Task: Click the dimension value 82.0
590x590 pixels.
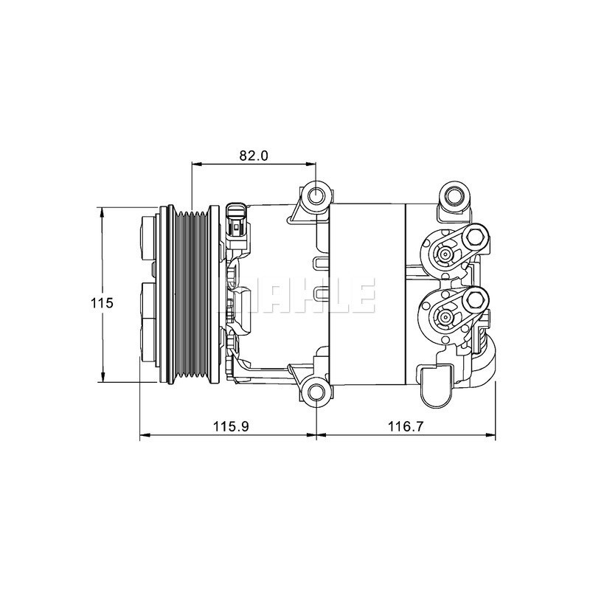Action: click(x=253, y=156)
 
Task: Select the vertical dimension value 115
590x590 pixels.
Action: click(x=102, y=303)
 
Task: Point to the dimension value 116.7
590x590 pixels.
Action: click(x=406, y=426)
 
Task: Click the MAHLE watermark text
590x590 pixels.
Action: click(x=309, y=296)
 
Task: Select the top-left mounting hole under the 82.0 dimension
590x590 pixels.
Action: click(x=316, y=195)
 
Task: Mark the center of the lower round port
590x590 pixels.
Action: click(x=445, y=317)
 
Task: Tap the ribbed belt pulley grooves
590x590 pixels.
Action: click(x=191, y=295)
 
